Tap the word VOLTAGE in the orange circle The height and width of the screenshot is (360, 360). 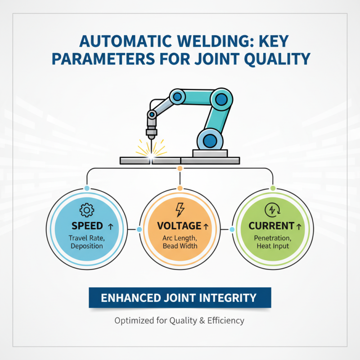(x=178, y=225)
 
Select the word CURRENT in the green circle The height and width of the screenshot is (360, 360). (x=271, y=225)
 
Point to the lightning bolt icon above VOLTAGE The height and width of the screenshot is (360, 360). (x=180, y=209)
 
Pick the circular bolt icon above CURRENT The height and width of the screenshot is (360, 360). (x=273, y=209)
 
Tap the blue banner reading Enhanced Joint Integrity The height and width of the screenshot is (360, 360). (x=180, y=297)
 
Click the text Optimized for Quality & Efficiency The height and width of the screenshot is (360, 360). (x=180, y=321)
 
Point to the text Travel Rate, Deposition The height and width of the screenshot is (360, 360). (x=86, y=242)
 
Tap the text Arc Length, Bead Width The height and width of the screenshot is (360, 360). (x=180, y=242)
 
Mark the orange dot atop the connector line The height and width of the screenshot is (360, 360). (x=180, y=168)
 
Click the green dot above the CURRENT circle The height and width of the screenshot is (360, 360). (x=273, y=187)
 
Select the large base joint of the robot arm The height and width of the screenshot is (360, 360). (x=210, y=140)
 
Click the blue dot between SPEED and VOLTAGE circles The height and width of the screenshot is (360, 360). (x=139, y=229)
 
